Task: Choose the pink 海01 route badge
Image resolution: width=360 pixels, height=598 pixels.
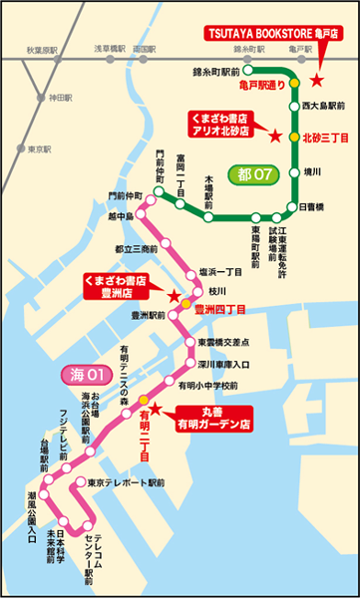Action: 87,376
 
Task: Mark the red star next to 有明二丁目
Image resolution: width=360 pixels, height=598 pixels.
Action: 156,409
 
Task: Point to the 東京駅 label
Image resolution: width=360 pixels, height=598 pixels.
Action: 40,149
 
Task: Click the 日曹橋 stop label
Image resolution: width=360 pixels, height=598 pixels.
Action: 312,207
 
